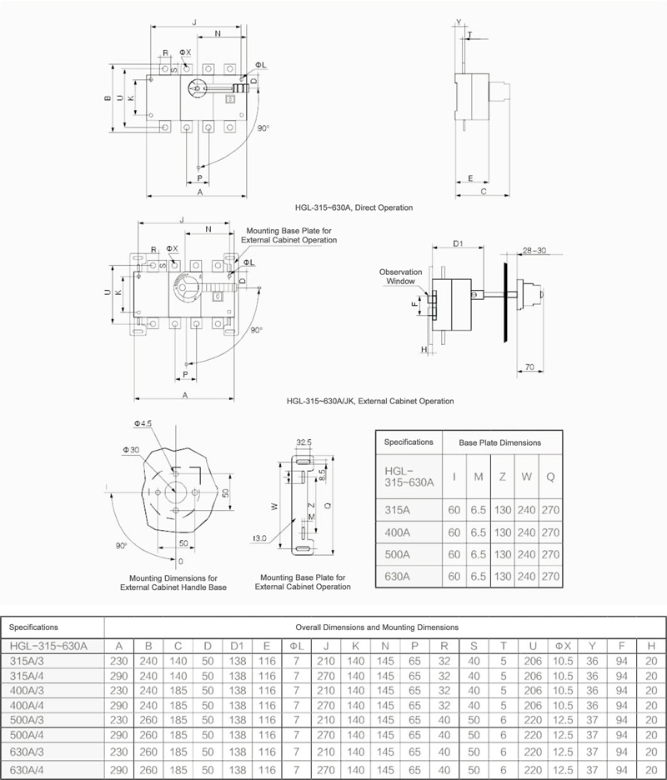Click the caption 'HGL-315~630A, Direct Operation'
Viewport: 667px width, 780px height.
[x=354, y=207]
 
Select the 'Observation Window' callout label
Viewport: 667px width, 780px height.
[x=401, y=277]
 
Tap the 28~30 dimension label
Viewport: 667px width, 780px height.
[x=534, y=250]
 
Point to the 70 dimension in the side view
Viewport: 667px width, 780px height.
[x=529, y=367]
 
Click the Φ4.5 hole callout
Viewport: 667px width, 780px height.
[x=143, y=424]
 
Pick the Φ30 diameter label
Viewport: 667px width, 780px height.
[x=132, y=450]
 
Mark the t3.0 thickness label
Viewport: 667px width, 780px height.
[x=259, y=538]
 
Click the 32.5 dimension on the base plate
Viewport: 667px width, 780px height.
[x=303, y=442]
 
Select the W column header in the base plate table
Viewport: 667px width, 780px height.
[x=527, y=477]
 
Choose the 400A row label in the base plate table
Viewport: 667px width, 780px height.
[x=397, y=532]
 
